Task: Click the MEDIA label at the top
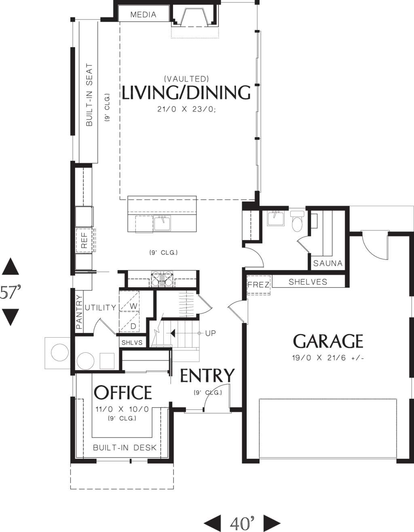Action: (143, 15)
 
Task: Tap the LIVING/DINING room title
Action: (186, 93)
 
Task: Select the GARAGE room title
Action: (328, 341)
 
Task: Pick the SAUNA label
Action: (328, 263)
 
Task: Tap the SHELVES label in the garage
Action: (308, 282)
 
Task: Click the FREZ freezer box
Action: (258, 285)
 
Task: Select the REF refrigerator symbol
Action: (84, 240)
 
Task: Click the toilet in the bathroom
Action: (297, 221)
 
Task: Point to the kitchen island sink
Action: (163, 223)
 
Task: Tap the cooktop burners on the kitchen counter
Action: (162, 279)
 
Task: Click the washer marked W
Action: (129, 301)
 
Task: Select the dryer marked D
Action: (129, 322)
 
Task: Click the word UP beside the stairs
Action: (210, 333)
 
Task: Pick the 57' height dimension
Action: (10, 293)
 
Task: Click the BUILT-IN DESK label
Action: (125, 448)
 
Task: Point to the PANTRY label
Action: (79, 312)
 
